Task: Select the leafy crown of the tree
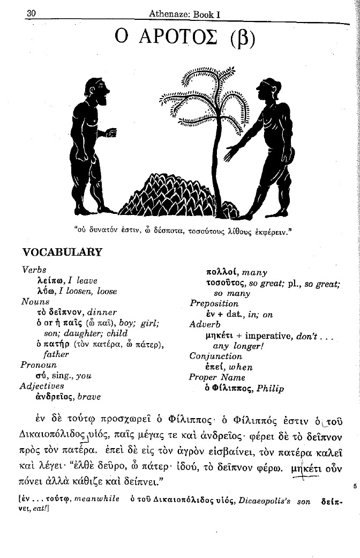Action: pyautogui.click(x=206, y=99)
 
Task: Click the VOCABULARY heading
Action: pyautogui.click(x=62, y=252)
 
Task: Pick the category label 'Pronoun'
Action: pyautogui.click(x=39, y=365)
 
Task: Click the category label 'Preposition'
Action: pyautogui.click(x=214, y=303)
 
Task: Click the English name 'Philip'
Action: pyautogui.click(x=270, y=389)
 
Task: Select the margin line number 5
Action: pyautogui.click(x=355, y=486)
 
